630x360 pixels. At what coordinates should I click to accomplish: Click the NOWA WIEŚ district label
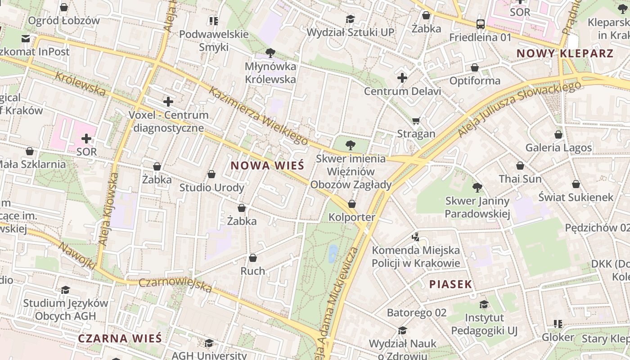[x=267, y=165]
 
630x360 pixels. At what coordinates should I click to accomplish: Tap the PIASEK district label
[x=450, y=284]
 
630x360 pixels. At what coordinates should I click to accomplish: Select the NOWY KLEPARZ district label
[x=565, y=54]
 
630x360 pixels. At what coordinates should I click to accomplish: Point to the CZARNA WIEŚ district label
[x=120, y=338]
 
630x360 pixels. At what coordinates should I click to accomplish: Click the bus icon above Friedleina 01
[x=480, y=24]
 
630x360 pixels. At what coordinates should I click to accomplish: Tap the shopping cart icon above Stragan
[x=416, y=121]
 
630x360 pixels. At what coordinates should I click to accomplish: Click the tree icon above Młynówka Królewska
[x=270, y=53]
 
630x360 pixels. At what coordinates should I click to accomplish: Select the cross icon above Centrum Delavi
[x=402, y=78]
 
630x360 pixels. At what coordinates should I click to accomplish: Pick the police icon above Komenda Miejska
[x=416, y=237]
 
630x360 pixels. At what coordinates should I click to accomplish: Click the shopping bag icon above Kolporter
[x=352, y=204]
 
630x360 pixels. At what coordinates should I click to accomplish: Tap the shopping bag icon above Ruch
[x=253, y=258]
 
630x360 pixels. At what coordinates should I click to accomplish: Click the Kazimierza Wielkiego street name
[x=258, y=116]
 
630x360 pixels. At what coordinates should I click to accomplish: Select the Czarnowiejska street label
[x=175, y=285]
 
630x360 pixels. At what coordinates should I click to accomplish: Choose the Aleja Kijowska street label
[x=108, y=209]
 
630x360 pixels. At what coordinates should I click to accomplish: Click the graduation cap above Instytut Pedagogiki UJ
[x=484, y=304]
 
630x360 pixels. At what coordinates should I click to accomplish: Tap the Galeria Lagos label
[x=558, y=148]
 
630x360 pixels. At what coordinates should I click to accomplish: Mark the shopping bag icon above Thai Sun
[x=520, y=166]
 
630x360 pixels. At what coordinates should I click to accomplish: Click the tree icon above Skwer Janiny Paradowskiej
[x=477, y=187]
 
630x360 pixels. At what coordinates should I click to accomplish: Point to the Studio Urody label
[x=211, y=187]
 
